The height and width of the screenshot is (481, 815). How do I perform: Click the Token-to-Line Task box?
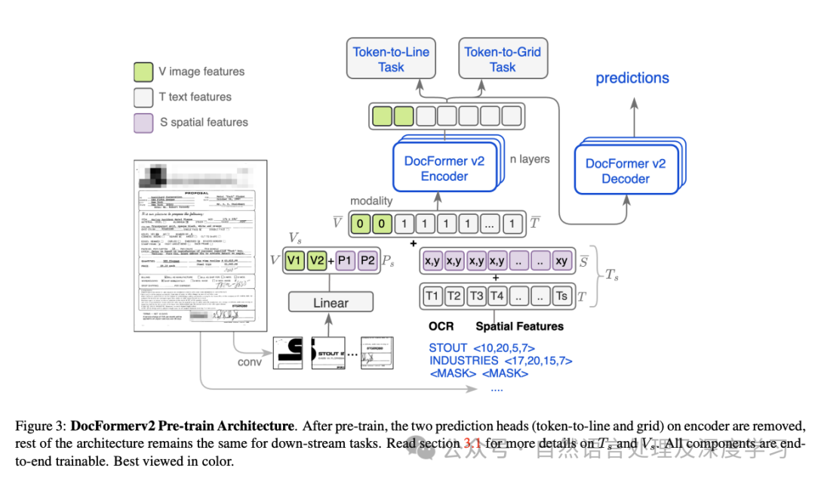pos(392,60)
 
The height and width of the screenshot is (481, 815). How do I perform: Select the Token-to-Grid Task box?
pos(503,60)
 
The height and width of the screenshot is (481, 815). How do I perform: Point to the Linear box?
pos(331,302)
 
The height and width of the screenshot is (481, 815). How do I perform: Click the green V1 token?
pos(294,260)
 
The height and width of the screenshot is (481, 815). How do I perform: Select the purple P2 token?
pos(368,260)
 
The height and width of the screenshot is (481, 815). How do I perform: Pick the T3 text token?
pos(475,296)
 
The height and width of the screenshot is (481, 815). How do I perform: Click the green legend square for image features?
pos(143,72)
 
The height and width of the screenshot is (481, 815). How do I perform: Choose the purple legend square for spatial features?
pos(143,122)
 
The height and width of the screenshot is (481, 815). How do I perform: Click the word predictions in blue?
pos(632,78)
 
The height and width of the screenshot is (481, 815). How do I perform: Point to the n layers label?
pos(530,159)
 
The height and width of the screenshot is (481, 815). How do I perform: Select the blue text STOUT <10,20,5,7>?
pos(481,348)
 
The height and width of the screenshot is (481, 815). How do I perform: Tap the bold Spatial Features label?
pos(519,326)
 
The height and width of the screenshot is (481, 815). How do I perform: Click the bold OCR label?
pos(441,326)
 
